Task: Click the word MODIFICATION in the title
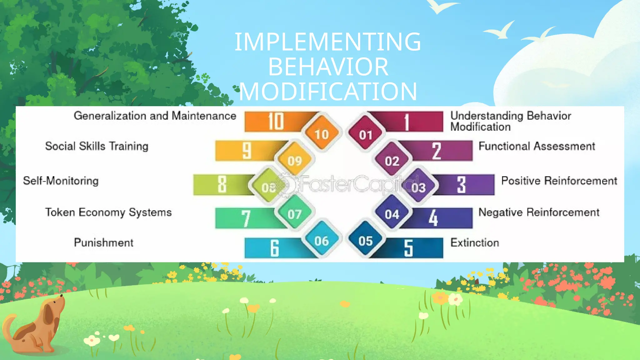[x=328, y=92]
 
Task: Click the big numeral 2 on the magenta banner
[x=437, y=151]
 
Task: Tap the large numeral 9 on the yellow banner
[x=247, y=151]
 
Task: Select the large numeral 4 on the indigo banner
[x=433, y=218]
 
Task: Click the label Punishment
[x=103, y=243]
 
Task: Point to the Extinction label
[x=474, y=243]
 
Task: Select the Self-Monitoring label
[x=61, y=181]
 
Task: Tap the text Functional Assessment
[x=537, y=146]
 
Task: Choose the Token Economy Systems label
[x=108, y=212]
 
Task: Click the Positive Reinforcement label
[x=559, y=181]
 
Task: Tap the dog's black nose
[x=62, y=295]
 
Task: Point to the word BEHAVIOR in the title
[x=328, y=67]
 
